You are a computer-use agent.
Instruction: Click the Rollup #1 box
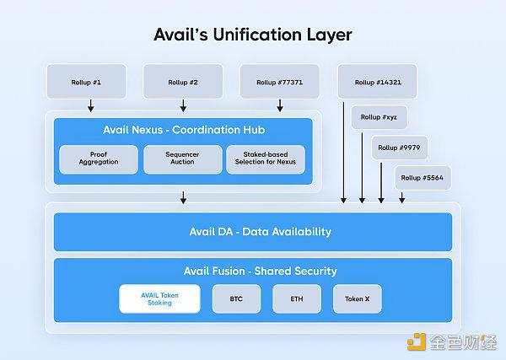(x=86, y=81)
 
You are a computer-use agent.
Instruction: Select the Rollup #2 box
(x=183, y=81)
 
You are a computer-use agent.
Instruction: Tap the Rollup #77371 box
(x=280, y=81)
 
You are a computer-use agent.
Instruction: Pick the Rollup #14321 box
(x=377, y=81)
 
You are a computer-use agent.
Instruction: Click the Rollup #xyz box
(x=379, y=117)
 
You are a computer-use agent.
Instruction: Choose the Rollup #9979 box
(x=400, y=148)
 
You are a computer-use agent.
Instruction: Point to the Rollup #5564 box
(x=423, y=178)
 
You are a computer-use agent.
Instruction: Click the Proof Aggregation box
(x=99, y=159)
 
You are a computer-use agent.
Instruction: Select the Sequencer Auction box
(x=183, y=159)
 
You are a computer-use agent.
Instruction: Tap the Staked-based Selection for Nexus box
(x=266, y=159)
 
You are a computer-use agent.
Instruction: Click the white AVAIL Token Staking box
(x=159, y=298)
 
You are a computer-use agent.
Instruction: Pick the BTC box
(x=236, y=298)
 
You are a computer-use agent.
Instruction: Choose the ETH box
(x=297, y=298)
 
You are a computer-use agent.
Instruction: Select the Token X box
(x=358, y=298)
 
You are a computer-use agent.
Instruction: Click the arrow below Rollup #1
(x=91, y=105)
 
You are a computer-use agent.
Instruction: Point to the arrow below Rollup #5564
(x=401, y=198)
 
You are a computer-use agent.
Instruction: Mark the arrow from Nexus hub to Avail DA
(x=183, y=198)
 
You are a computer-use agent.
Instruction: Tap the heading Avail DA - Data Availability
(x=261, y=232)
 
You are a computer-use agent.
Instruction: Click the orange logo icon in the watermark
(x=417, y=341)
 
